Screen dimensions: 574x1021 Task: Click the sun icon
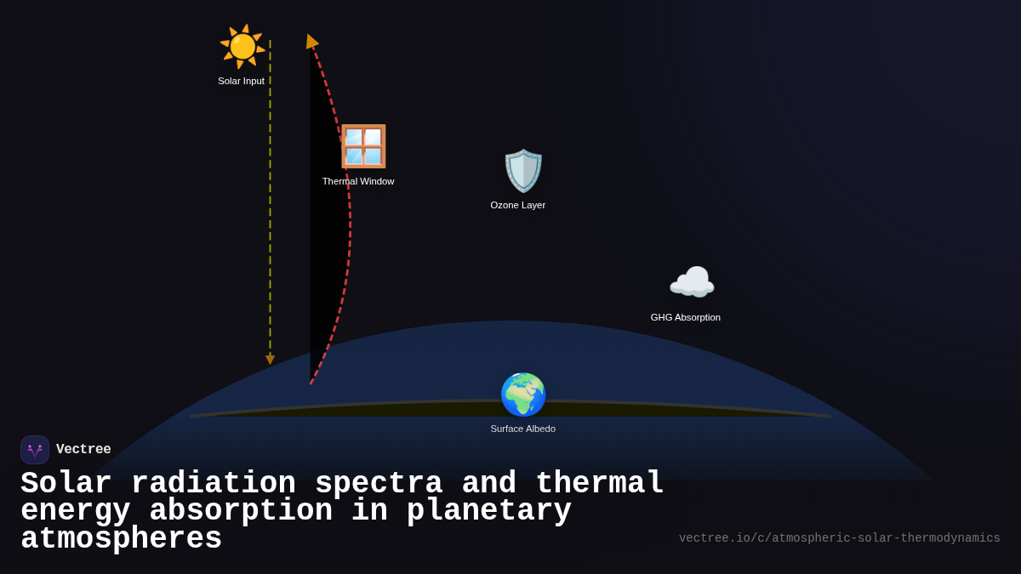tap(242, 47)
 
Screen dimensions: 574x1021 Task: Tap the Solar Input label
tap(241, 81)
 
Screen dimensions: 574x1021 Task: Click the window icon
tap(363, 146)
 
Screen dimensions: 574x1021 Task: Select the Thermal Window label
tap(358, 181)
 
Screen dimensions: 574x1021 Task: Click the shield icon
tap(522, 171)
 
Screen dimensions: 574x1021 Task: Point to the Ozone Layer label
tap(518, 205)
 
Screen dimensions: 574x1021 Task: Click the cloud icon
tap(692, 282)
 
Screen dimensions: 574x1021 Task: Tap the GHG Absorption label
tap(686, 317)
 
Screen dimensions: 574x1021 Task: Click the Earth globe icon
tap(522, 395)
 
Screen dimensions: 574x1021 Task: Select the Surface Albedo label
tap(522, 429)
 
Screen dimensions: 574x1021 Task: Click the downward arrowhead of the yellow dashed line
tap(270, 361)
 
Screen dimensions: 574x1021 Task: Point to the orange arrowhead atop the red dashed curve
tap(311, 42)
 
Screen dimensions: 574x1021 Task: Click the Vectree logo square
tap(35, 450)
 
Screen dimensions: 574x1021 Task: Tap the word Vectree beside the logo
tap(83, 450)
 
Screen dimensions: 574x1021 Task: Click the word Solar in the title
tap(66, 484)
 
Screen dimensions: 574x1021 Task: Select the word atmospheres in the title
tap(121, 539)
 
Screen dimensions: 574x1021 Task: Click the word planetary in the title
tap(488, 511)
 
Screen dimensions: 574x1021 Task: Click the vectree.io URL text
tap(839, 538)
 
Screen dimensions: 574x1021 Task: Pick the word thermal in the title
tap(599, 484)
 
